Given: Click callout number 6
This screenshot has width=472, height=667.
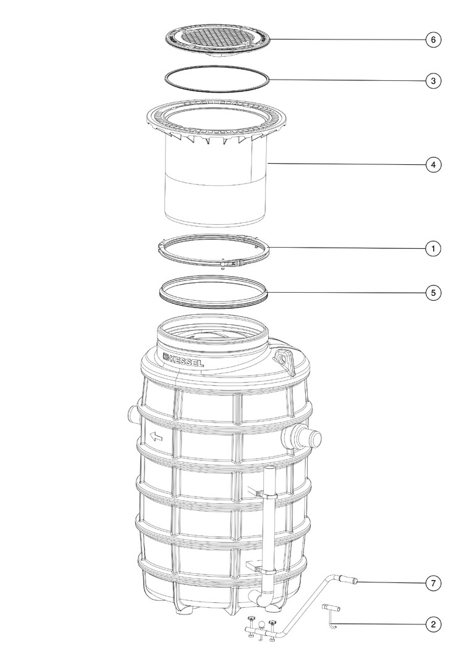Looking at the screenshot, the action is [433, 40].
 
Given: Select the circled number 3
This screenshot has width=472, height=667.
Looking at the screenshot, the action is [433, 80].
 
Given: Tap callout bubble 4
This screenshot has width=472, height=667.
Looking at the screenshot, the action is [433, 165].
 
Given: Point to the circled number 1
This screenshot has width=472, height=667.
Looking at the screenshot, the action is [433, 248].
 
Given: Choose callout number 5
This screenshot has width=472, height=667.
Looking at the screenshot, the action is [433, 293].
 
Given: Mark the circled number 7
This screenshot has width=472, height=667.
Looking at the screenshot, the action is [433, 583].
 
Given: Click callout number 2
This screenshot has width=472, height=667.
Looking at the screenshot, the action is [433, 624].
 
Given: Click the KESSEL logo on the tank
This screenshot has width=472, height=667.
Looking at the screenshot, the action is [183, 360].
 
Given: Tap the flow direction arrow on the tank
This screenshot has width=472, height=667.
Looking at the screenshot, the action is [156, 437].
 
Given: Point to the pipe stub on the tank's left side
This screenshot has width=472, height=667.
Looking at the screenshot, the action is [132, 413].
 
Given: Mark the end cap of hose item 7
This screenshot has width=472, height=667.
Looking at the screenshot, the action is [352, 580].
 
